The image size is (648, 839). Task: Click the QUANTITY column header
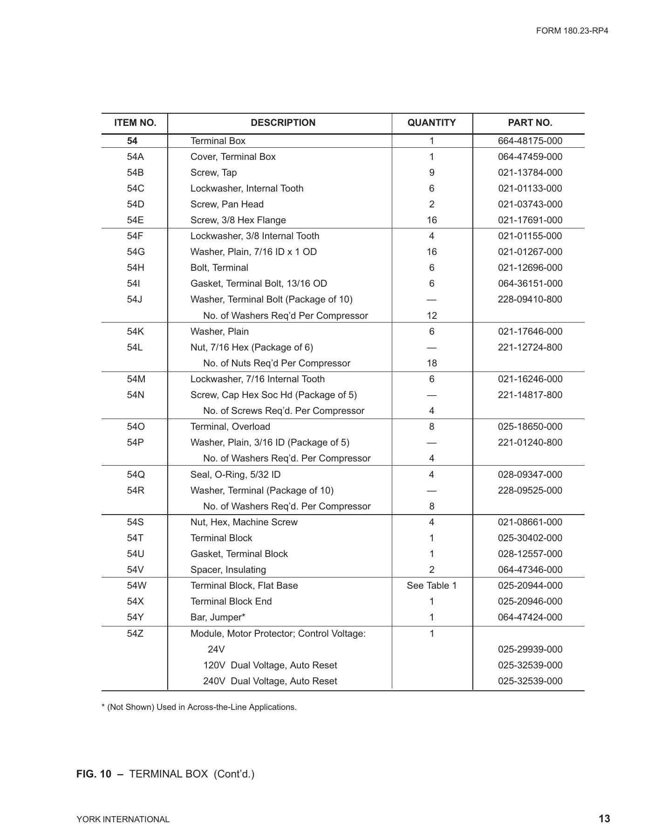(431, 123)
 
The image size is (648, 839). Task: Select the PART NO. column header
(530, 123)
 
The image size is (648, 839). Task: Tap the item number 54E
(135, 220)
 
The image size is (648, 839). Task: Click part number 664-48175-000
(530, 141)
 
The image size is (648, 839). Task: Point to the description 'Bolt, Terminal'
(219, 268)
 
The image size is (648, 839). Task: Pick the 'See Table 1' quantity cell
(431, 585)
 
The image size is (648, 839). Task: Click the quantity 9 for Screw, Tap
(431, 172)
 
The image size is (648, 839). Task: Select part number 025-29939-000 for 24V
(530, 649)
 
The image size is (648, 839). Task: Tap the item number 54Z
(135, 633)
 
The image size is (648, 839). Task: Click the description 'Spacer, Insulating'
(228, 570)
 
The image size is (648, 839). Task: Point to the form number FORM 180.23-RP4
(572, 31)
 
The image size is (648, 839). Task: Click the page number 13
(604, 819)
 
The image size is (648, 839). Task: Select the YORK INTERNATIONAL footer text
(123, 819)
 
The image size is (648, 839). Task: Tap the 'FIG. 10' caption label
(94, 774)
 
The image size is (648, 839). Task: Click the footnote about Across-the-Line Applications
(199, 707)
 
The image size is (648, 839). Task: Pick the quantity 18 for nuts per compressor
(431, 363)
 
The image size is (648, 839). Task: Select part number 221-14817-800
(530, 395)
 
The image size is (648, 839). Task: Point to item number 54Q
(135, 475)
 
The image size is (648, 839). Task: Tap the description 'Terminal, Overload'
(230, 426)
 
